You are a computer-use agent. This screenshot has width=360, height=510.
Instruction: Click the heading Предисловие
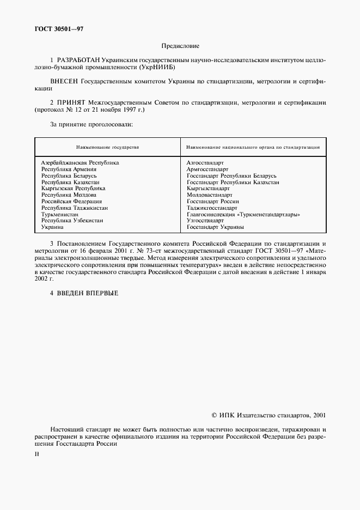click(180, 46)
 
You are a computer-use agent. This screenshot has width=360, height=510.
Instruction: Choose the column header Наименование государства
click(107, 147)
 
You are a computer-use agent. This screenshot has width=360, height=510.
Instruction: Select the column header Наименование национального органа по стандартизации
click(253, 147)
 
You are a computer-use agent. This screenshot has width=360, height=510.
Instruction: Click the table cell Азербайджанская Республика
click(80, 162)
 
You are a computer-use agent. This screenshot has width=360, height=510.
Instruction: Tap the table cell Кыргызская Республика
click(74, 188)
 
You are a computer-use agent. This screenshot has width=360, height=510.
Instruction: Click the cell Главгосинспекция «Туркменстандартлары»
click(243, 214)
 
